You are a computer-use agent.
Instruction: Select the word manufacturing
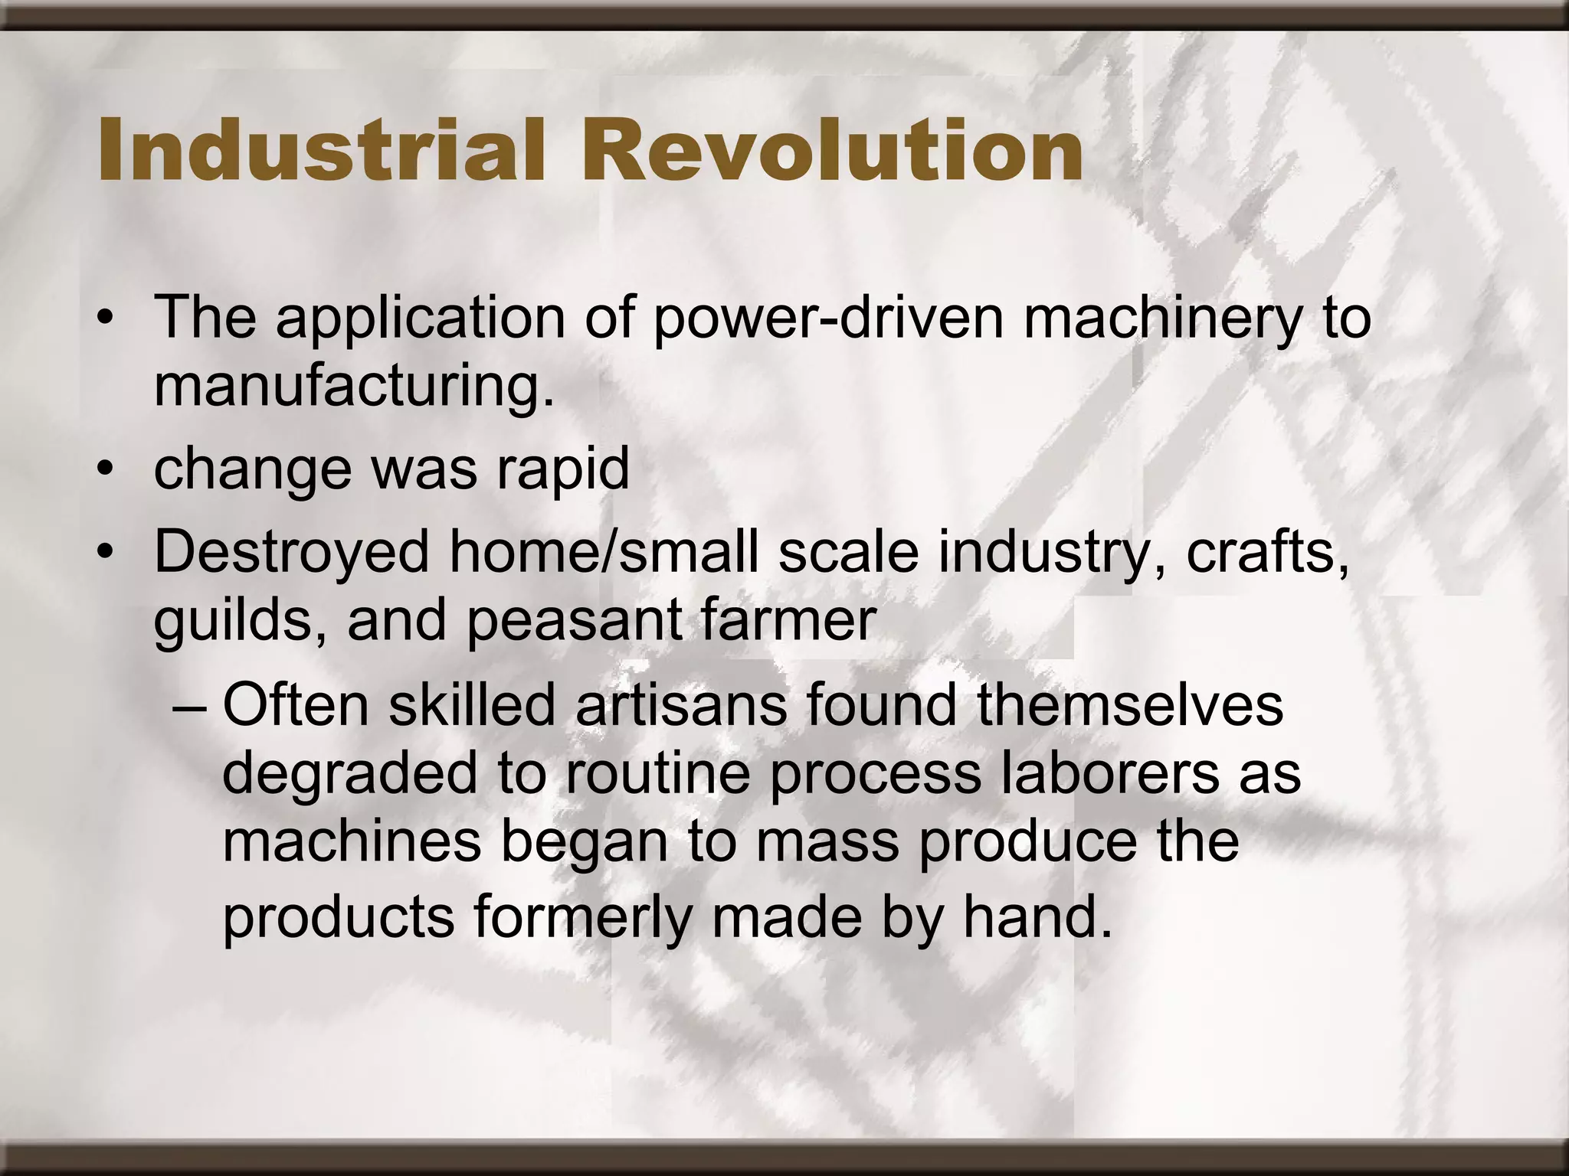pyautogui.click(x=354, y=387)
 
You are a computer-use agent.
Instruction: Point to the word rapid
pyautogui.click(x=563, y=469)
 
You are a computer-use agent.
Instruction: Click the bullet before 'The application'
pyautogui.click(x=105, y=318)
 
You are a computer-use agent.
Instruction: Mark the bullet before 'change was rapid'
pyautogui.click(x=105, y=469)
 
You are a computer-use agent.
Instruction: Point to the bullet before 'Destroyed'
pyautogui.click(x=105, y=551)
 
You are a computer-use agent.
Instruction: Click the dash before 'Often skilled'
pyautogui.click(x=189, y=706)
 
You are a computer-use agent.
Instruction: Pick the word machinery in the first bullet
pyautogui.click(x=1161, y=318)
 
